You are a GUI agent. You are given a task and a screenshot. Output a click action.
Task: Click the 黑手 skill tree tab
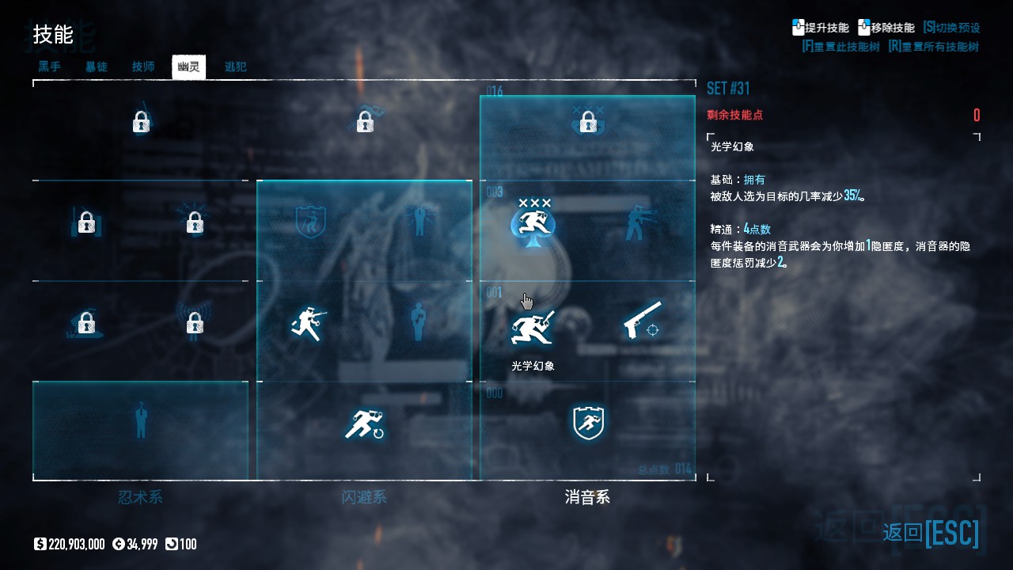click(49, 67)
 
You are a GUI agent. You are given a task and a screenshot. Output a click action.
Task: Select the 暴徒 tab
click(97, 67)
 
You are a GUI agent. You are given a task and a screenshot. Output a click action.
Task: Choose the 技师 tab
click(143, 67)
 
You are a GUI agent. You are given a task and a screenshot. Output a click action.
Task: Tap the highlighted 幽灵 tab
click(188, 67)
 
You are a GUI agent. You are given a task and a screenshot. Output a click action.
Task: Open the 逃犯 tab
click(235, 67)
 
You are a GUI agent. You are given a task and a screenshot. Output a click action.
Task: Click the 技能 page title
click(53, 35)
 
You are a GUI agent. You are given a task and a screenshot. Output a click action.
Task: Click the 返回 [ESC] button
click(931, 532)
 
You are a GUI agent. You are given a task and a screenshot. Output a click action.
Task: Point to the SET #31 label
click(728, 88)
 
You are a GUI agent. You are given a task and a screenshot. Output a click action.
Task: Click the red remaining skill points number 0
click(977, 116)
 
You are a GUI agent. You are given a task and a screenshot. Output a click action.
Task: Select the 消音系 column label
click(587, 497)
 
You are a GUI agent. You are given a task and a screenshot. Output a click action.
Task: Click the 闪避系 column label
click(364, 497)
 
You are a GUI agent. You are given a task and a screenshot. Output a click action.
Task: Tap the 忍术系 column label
click(140, 497)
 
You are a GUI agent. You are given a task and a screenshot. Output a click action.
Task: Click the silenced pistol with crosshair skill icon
click(642, 321)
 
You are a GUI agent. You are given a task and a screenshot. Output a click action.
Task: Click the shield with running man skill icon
click(588, 424)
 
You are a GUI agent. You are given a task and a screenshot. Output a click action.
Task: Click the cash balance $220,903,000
click(70, 544)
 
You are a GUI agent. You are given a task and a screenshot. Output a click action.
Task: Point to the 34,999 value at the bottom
click(135, 544)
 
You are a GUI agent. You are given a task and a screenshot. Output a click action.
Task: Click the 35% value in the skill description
click(853, 196)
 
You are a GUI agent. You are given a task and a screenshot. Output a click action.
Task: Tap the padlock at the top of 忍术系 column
click(141, 122)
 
